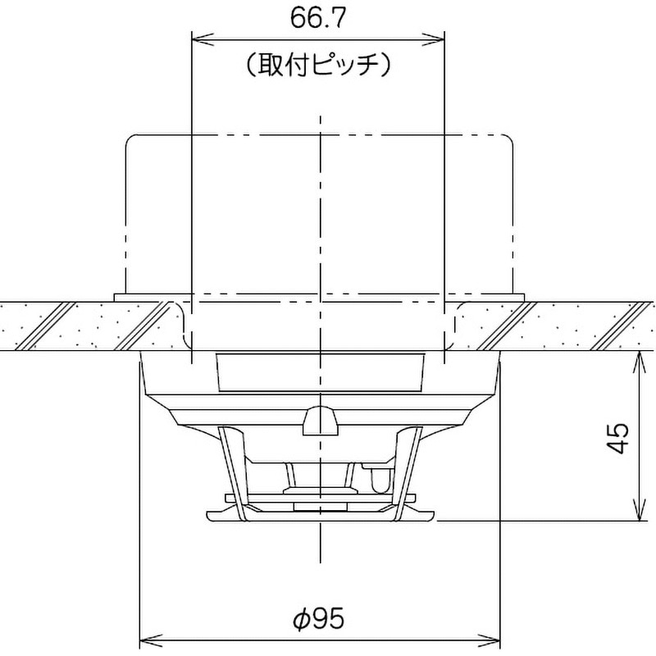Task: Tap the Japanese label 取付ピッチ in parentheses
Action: (318, 65)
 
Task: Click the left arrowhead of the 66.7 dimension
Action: (197, 35)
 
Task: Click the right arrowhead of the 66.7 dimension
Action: (439, 35)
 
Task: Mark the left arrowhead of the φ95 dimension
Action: (147, 638)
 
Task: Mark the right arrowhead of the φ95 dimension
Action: (494, 638)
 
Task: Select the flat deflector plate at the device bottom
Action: (321, 515)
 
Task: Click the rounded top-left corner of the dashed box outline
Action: (128, 140)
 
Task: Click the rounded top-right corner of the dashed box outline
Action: (512, 140)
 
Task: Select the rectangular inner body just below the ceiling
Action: (321, 373)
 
